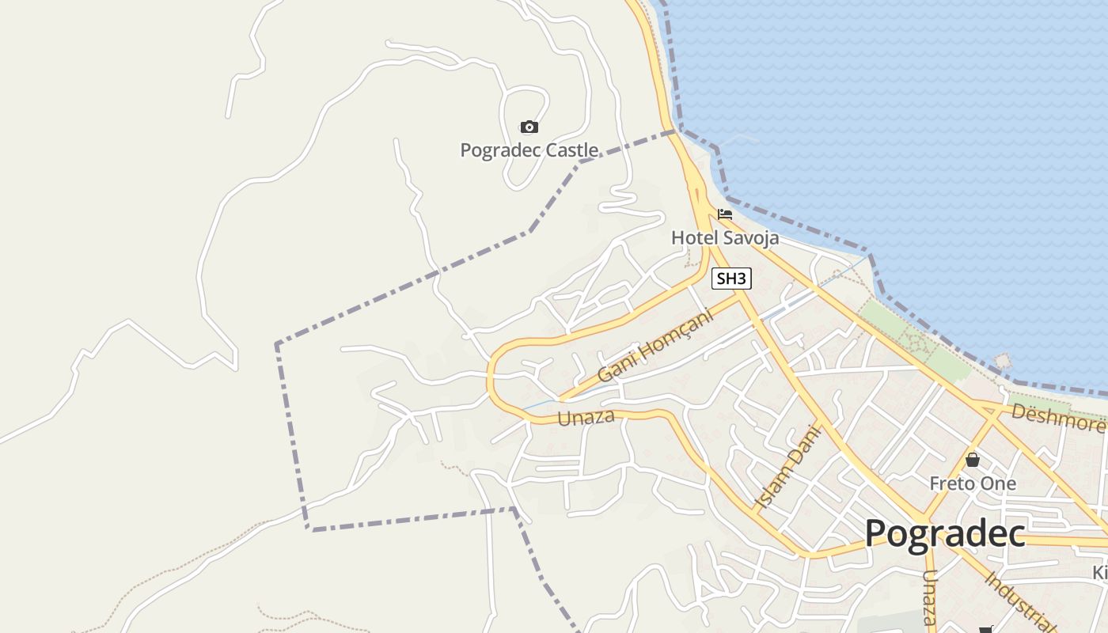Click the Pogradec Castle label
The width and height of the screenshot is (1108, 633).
529,150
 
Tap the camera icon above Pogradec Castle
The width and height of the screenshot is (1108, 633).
529,127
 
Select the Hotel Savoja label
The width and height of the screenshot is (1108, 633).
725,237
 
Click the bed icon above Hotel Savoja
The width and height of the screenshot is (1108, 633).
725,214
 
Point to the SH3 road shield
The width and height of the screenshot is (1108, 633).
730,279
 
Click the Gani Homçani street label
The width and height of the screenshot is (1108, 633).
655,346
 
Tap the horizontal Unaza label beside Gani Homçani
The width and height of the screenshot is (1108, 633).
586,417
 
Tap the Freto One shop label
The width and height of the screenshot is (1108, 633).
973,483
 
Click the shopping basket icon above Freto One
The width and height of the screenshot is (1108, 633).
973,460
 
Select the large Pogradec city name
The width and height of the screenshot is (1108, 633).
945,533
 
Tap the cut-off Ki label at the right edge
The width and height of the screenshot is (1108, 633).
1099,572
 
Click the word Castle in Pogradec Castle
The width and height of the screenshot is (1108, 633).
567,150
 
